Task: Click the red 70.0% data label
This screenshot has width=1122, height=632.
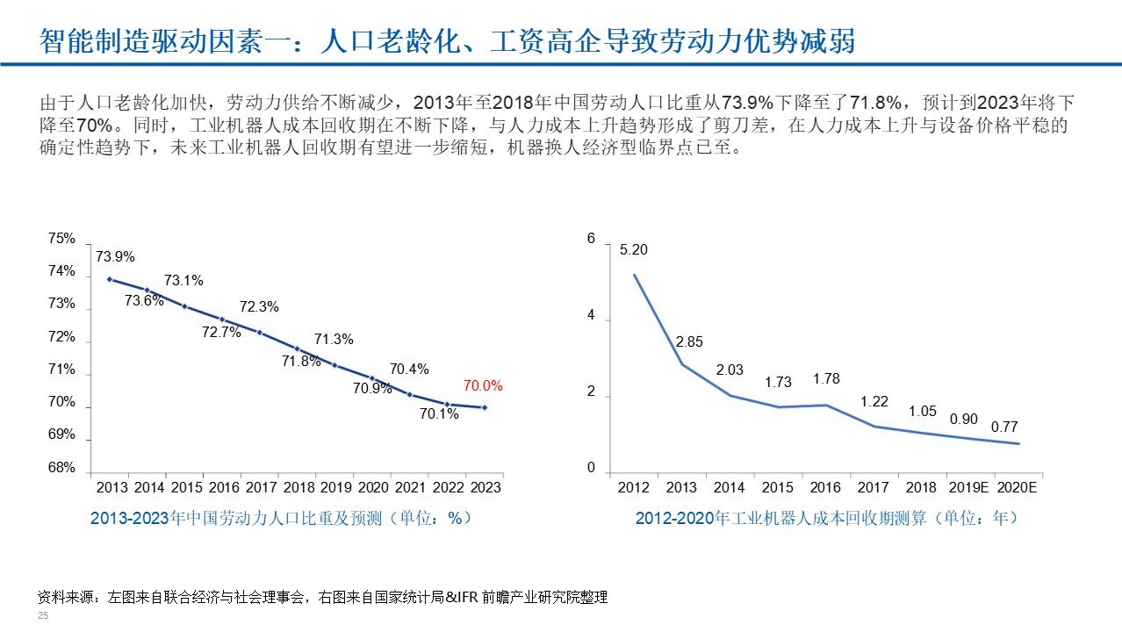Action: [x=483, y=385]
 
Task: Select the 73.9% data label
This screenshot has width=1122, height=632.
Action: [x=116, y=257]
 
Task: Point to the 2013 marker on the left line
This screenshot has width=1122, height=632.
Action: [x=110, y=279]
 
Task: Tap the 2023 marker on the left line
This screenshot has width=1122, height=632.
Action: [x=485, y=407]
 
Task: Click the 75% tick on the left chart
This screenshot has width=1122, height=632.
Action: [x=61, y=239]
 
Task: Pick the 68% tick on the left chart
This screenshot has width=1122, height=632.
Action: [x=61, y=468]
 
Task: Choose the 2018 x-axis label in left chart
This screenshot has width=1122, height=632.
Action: [x=298, y=487]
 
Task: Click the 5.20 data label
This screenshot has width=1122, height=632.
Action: [x=633, y=250]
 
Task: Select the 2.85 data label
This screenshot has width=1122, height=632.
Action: [x=688, y=341]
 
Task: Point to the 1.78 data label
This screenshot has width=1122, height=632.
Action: [x=826, y=379]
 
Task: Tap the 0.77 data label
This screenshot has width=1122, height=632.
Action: [x=1004, y=427]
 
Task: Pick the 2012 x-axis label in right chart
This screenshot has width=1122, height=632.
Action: [x=634, y=487]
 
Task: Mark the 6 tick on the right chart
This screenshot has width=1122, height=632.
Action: [x=591, y=239]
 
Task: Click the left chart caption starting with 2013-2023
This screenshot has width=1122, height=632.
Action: [x=282, y=518]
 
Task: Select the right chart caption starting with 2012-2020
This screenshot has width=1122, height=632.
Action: [x=826, y=518]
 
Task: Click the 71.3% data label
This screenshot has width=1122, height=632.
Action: [x=334, y=340]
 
